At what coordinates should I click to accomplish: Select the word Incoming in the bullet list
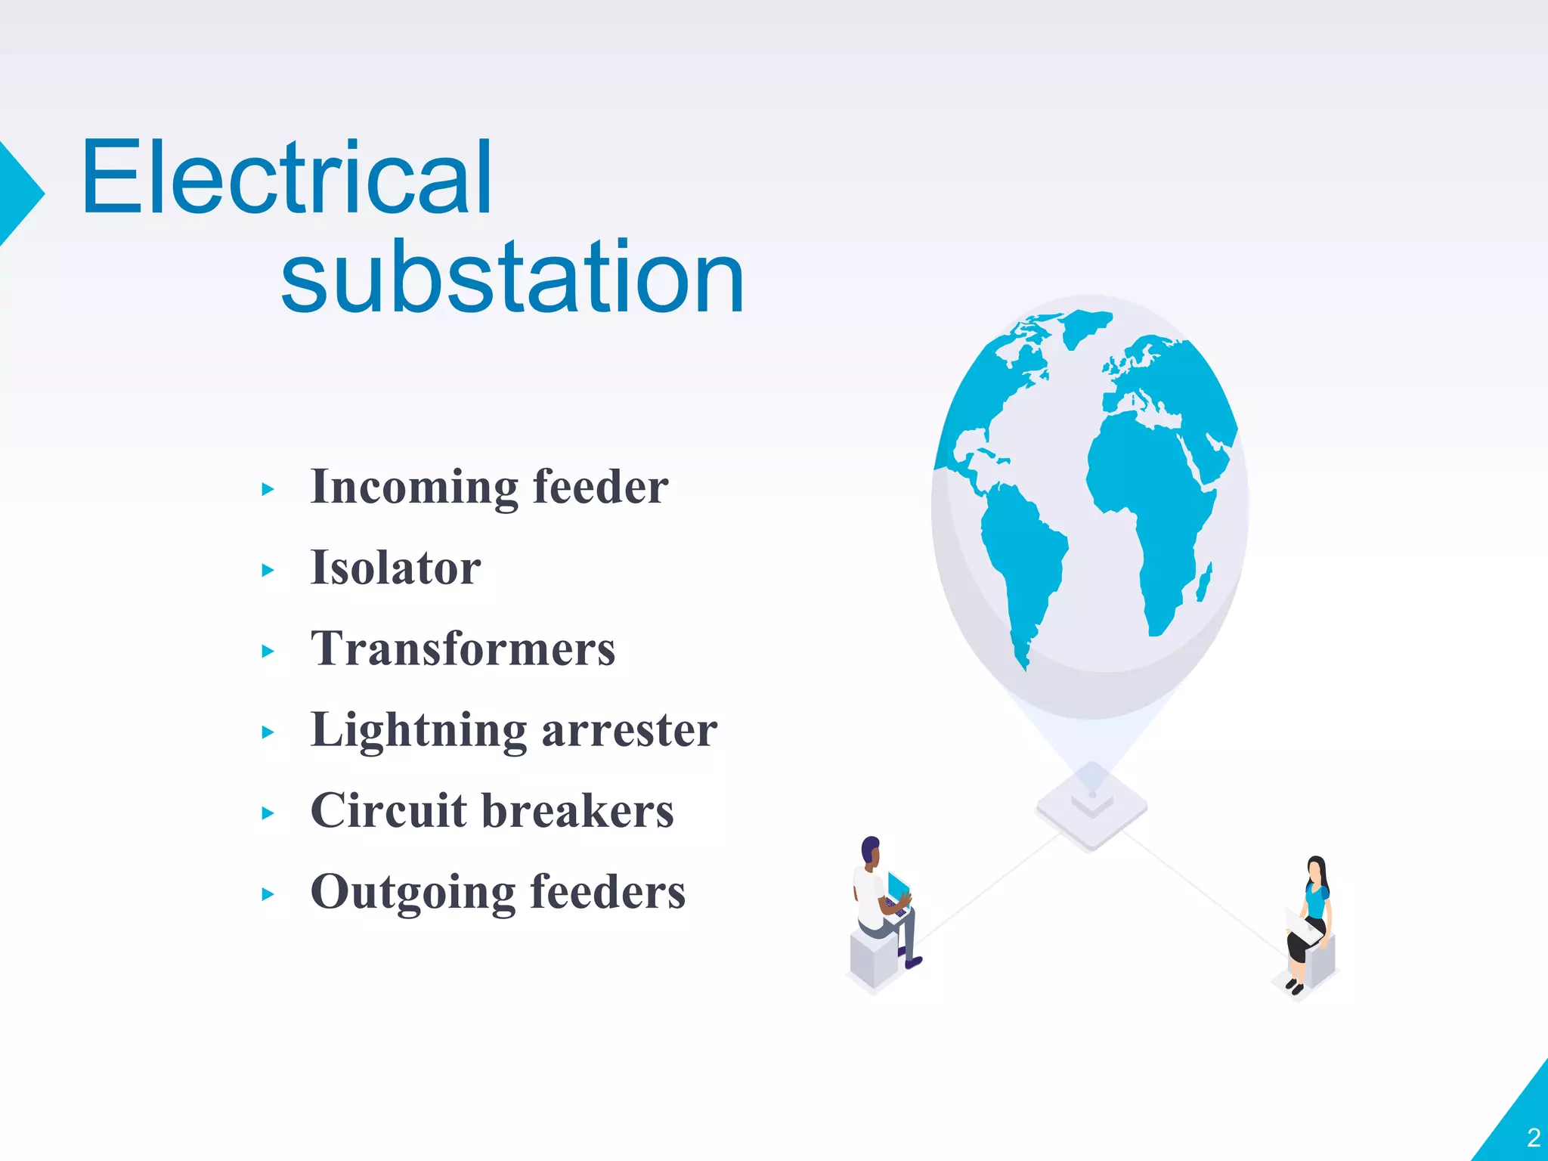pyautogui.click(x=414, y=488)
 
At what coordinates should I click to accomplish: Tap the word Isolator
pyautogui.click(x=395, y=568)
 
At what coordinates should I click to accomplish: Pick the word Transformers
pyautogui.click(x=463, y=649)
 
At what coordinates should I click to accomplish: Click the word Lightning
pyautogui.click(x=419, y=731)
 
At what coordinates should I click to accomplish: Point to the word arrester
pyautogui.click(x=630, y=731)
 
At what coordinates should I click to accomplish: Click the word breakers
pyautogui.click(x=577, y=811)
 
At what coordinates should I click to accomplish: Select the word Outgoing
pyautogui.click(x=413, y=893)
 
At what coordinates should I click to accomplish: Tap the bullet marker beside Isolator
pyautogui.click(x=268, y=571)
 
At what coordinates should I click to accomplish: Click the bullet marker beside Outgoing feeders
pyautogui.click(x=268, y=895)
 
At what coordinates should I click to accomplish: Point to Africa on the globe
pyautogui.click(x=1149, y=491)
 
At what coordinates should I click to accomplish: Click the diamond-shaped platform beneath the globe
pyautogui.click(x=1091, y=807)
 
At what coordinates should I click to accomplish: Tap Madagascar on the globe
pyautogui.click(x=1204, y=583)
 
